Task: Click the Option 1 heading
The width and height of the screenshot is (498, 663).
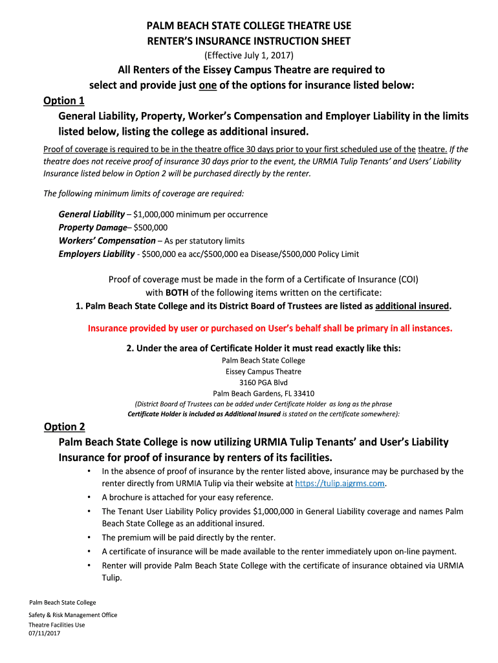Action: click(64, 101)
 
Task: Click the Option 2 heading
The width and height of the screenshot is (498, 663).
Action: click(65, 427)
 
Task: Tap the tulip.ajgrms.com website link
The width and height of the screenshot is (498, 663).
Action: click(340, 484)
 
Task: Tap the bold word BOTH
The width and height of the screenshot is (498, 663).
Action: click(177, 293)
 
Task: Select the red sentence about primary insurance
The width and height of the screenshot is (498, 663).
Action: click(270, 328)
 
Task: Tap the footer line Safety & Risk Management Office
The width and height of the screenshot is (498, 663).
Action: click(73, 615)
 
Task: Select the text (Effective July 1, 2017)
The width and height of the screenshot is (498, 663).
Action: click(249, 55)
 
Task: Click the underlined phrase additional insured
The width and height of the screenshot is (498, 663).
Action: click(412, 306)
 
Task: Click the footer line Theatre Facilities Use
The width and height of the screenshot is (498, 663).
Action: click(57, 625)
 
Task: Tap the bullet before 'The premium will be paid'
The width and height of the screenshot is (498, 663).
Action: click(88, 537)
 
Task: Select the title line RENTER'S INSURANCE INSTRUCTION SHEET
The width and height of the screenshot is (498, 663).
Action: click(249, 41)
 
